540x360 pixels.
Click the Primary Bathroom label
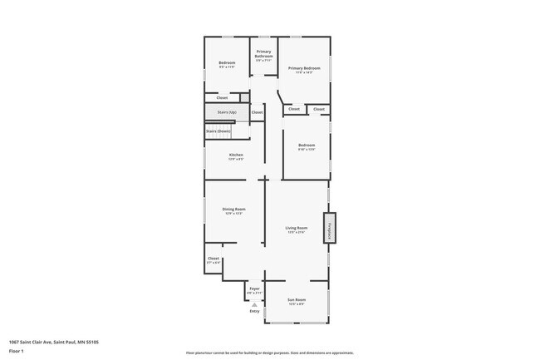click(264, 56)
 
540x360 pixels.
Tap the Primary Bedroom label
click(304, 68)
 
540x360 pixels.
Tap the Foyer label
click(254, 288)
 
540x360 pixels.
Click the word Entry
click(254, 311)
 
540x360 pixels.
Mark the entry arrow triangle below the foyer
click(254, 304)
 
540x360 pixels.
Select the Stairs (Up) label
click(227, 111)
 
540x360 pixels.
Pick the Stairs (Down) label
click(218, 131)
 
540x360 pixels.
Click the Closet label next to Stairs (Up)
click(257, 112)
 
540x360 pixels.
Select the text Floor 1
click(17, 351)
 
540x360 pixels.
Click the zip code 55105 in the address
click(103, 342)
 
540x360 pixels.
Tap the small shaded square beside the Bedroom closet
click(244, 97)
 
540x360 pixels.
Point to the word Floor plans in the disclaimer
click(195, 353)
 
